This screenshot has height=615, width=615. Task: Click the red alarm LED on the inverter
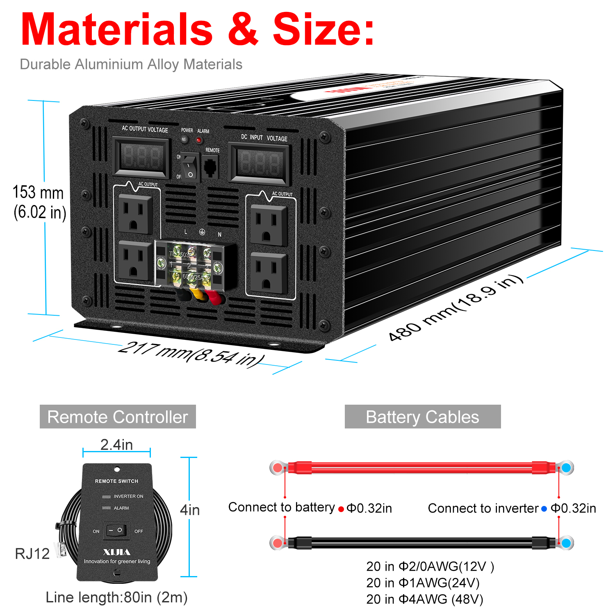[x=199, y=140]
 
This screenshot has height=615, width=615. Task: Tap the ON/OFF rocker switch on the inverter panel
[x=190, y=167]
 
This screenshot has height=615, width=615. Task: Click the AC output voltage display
[x=141, y=157]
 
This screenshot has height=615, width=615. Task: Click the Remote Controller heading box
[x=118, y=417]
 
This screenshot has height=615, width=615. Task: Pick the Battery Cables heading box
[x=422, y=417]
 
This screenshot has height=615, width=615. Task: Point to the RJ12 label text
[x=32, y=553]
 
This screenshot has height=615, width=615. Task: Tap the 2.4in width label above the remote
[x=116, y=444]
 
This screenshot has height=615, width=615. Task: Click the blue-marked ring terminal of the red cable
[x=566, y=467]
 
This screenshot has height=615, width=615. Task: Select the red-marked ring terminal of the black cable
[x=278, y=543]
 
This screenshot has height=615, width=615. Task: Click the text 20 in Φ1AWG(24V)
[x=422, y=583]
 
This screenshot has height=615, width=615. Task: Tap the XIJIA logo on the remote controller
[x=116, y=552]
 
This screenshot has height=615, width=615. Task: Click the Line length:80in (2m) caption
[x=116, y=597]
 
